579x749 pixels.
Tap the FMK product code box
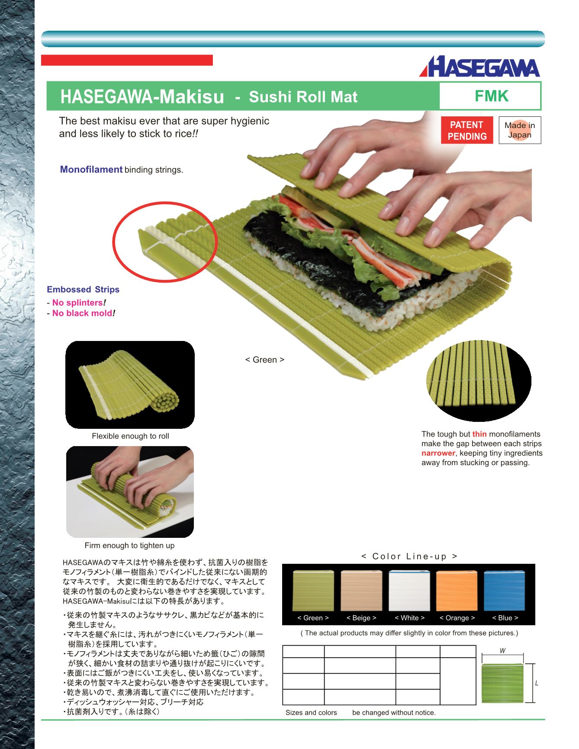(490, 96)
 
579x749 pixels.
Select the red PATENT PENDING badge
(467, 130)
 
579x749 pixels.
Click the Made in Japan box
(520, 130)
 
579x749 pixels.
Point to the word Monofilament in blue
(91, 170)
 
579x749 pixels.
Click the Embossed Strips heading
(83, 289)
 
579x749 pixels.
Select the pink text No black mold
(82, 313)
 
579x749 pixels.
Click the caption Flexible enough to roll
(130, 436)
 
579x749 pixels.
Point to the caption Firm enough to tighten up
(129, 546)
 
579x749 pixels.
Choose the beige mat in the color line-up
(361, 591)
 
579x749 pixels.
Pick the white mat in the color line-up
(409, 591)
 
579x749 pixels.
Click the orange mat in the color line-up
(457, 591)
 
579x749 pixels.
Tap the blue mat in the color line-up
(505, 591)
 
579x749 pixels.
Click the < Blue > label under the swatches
(505, 618)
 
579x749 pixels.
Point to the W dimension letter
(502, 651)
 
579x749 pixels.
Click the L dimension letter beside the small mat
(537, 684)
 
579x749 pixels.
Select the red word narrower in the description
(438, 453)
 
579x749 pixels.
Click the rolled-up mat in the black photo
(130, 385)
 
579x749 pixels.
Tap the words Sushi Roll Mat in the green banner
(303, 96)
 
